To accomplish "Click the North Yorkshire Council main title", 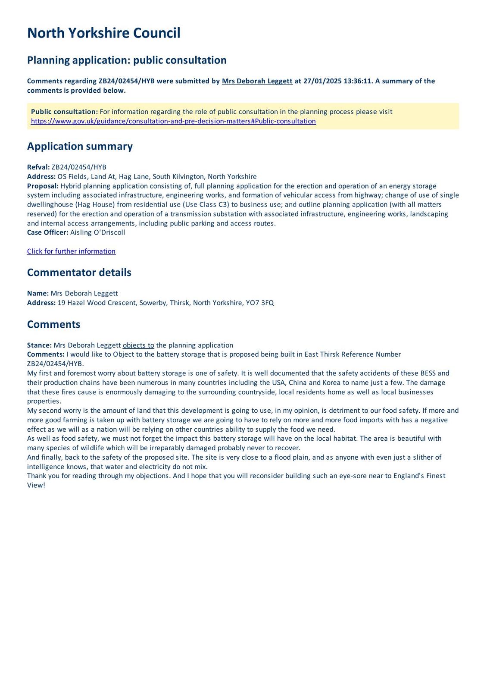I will [x=103, y=33].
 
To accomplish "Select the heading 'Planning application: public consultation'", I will [x=127, y=60].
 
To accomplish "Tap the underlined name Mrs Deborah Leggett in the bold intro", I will [x=257, y=81].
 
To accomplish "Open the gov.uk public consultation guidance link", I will [x=173, y=121].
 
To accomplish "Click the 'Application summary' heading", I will [x=80, y=146].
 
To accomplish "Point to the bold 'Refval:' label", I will [x=38, y=167].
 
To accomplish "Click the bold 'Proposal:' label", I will [x=43, y=186].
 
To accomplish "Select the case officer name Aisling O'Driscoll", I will [x=97, y=232].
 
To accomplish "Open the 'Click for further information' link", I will [x=71, y=251].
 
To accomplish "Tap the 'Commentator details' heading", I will [x=79, y=273].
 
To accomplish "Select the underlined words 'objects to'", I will [x=138, y=345].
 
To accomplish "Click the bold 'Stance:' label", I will [x=39, y=345].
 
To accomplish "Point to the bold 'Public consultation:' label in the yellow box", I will [x=64, y=112].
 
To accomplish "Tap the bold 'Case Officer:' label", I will [x=47, y=232].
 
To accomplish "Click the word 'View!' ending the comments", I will [x=36, y=485].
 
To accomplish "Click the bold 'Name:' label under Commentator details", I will [x=38, y=293].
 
